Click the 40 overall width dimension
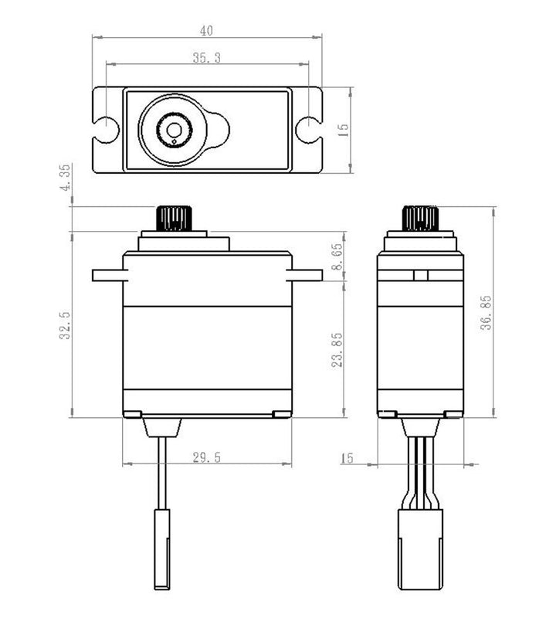(206, 31)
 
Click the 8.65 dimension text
(337, 256)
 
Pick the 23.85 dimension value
(337, 350)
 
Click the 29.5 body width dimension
(206, 458)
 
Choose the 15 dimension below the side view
(347, 459)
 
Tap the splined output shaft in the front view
(174, 219)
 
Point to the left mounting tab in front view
(107, 275)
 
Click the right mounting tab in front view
(306, 275)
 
